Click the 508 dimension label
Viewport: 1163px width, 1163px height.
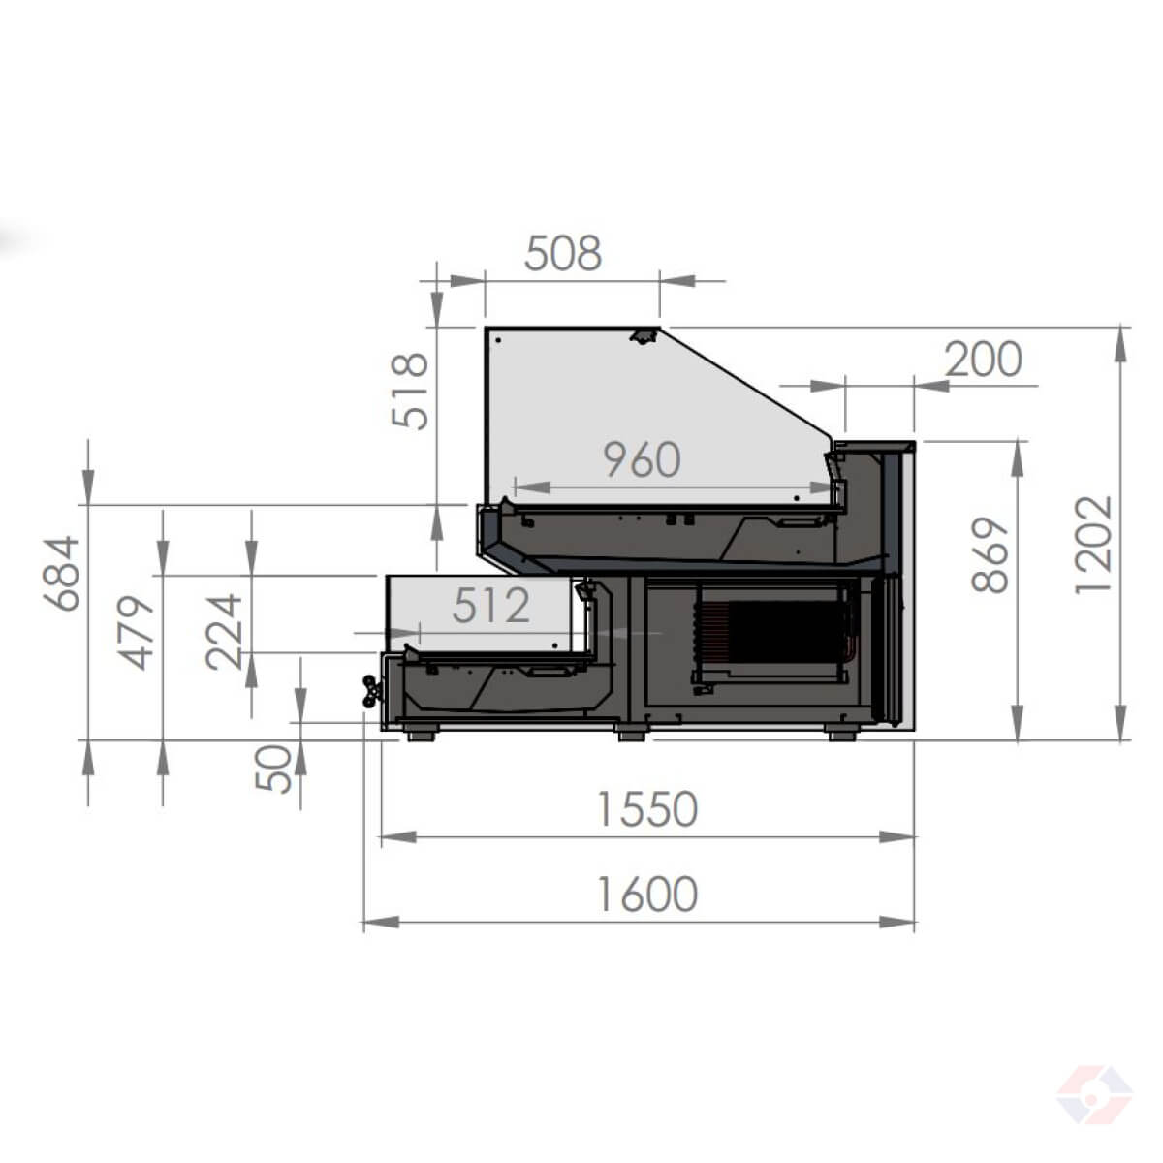[x=563, y=254]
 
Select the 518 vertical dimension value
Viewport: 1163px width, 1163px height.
[x=410, y=392]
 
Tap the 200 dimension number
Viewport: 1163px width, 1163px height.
[x=983, y=360]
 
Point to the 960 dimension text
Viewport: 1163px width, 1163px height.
[x=643, y=460]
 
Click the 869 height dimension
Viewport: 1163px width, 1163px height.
[x=990, y=554]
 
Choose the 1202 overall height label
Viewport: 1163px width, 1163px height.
[x=1093, y=545]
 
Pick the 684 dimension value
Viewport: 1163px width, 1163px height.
[x=61, y=574]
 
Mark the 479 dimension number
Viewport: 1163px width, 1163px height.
[x=137, y=633]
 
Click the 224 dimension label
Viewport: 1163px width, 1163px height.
[x=224, y=632]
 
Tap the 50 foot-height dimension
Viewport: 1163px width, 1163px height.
[x=273, y=769]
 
